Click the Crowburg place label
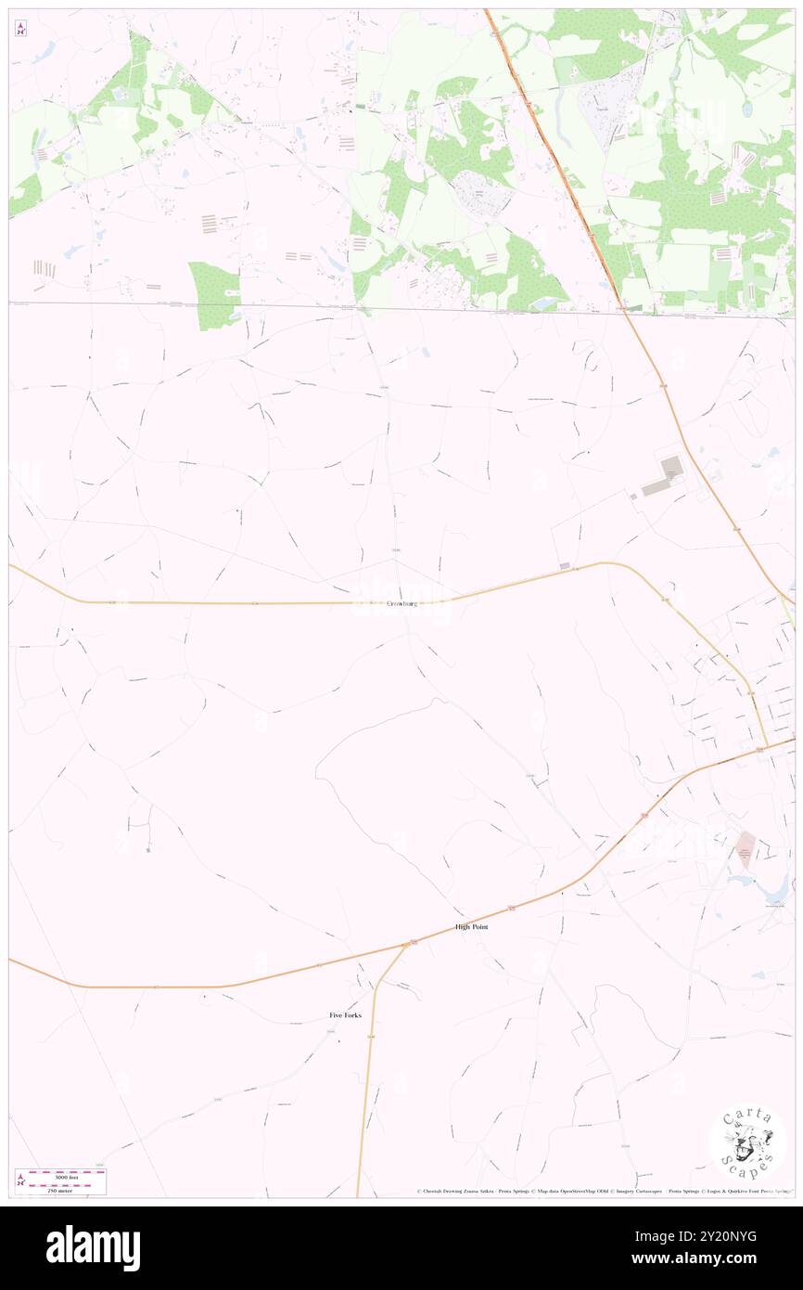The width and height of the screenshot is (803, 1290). [x=401, y=604]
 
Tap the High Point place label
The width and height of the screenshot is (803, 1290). [x=471, y=927]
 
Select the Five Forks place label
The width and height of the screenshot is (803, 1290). [x=345, y=1015]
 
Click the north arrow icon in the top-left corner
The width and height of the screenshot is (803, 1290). [x=20, y=29]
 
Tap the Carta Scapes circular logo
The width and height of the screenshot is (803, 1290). [x=747, y=1142]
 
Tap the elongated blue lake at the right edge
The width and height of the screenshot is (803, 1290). [x=773, y=888]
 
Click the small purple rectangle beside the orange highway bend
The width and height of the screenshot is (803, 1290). [x=564, y=565]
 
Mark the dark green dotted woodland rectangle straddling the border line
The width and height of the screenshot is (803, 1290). [x=214, y=295]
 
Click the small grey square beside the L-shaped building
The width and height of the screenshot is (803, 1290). [x=634, y=496]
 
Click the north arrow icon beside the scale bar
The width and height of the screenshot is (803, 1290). [x=20, y=1181]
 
